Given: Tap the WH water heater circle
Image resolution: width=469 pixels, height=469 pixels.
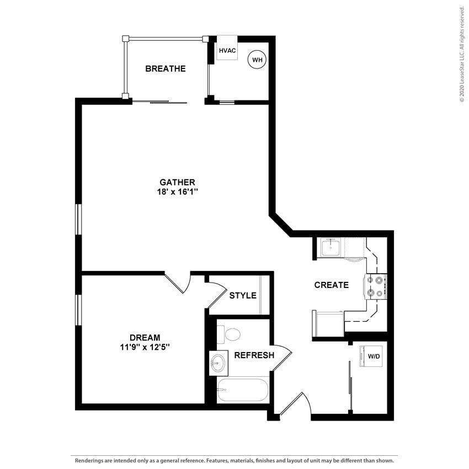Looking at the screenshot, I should tap(257, 59).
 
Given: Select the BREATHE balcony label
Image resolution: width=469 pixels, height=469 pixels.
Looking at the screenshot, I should tap(165, 69).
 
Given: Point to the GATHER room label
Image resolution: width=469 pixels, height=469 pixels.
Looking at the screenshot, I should tap(177, 182).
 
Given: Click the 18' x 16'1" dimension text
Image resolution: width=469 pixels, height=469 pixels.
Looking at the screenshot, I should tap(177, 192).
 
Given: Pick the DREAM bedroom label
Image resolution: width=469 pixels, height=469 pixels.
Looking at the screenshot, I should tap(145, 337).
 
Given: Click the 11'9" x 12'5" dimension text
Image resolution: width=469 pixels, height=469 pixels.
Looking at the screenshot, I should tap(145, 347).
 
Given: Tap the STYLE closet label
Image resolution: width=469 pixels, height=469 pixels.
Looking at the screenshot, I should tap(243, 295).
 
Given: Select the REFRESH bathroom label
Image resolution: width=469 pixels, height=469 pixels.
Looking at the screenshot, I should tap(254, 355).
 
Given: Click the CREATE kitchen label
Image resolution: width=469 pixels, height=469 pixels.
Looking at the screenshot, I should tap(331, 285).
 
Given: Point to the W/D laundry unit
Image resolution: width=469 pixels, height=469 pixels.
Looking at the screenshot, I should tap(373, 356).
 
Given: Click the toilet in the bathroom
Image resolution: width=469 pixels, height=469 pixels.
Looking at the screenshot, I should tap(231, 334).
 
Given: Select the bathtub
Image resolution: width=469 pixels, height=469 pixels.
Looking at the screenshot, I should tap(242, 390).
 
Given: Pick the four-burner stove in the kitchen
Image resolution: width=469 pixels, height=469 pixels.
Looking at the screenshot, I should tap(375, 287).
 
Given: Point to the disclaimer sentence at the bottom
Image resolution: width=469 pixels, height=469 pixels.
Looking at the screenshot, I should tap(234, 460).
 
